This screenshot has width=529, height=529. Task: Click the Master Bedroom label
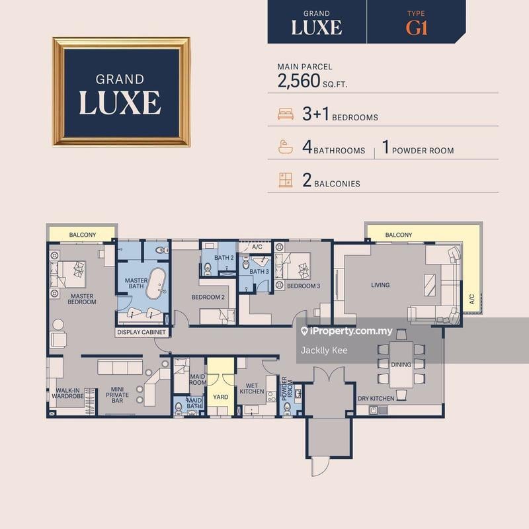(x=82, y=299)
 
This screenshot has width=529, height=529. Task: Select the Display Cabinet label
(x=141, y=333)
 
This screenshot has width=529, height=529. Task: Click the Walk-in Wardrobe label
(x=69, y=393)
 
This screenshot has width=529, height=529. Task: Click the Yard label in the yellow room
(x=220, y=397)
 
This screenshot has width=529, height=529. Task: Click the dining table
(x=401, y=364)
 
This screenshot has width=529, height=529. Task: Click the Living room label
(x=380, y=286)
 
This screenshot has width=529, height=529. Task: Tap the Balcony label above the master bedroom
(x=83, y=235)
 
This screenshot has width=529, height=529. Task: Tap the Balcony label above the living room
(x=399, y=235)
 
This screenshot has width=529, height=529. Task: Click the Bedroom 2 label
(x=208, y=298)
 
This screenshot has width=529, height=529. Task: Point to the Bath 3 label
(x=259, y=272)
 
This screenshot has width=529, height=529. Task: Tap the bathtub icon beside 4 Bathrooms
(x=286, y=148)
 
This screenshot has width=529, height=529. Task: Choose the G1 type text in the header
(x=417, y=28)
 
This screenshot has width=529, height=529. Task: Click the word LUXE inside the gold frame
(x=120, y=102)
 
